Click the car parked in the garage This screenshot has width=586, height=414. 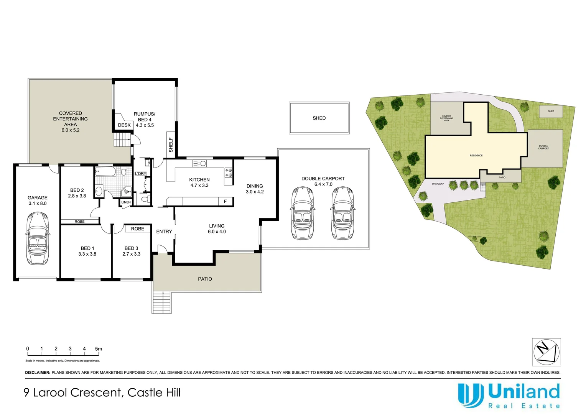(x=38, y=238)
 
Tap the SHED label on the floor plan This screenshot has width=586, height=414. (x=319, y=118)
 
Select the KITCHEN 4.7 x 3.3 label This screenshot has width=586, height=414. (x=199, y=182)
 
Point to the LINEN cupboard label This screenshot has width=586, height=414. (x=126, y=202)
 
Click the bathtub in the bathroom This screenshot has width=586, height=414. (x=105, y=171)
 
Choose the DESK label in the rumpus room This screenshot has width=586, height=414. (x=124, y=125)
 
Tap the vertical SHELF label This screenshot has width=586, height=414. (x=171, y=145)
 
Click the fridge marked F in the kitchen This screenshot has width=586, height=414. (x=226, y=201)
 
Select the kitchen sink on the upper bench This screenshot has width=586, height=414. (x=199, y=164)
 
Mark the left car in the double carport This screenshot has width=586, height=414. (x=303, y=213)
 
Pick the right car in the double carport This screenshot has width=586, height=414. (x=342, y=213)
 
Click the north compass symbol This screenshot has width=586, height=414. (x=546, y=352)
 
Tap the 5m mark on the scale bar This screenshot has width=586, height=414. (x=99, y=349)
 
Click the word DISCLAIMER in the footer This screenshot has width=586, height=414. (x=38, y=373)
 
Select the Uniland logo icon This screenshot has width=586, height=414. (x=471, y=394)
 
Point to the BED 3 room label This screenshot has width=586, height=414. (x=132, y=251)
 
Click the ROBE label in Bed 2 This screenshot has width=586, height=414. (x=80, y=222)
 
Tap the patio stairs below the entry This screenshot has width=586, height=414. (x=162, y=302)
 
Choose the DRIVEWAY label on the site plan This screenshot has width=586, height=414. (x=438, y=184)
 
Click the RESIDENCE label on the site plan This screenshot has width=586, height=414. (x=476, y=156)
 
